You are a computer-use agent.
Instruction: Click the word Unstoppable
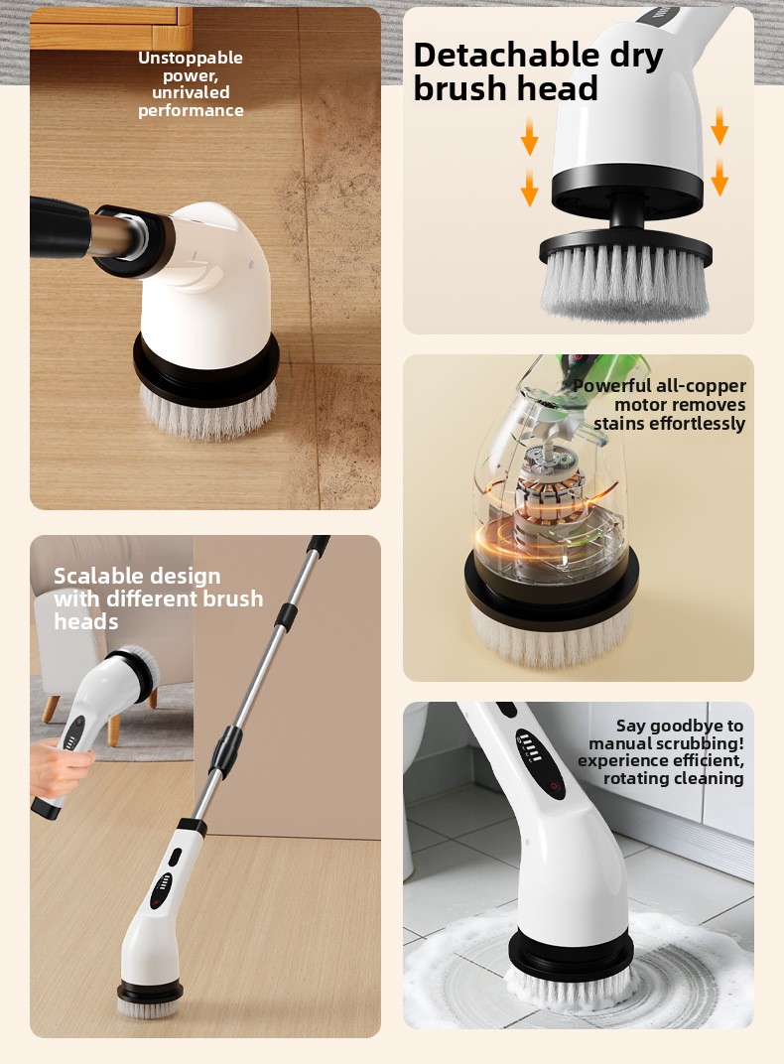click(191, 59)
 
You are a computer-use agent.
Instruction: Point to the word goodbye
click(685, 727)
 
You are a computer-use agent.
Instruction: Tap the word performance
click(191, 110)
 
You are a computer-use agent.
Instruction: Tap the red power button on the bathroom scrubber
click(554, 786)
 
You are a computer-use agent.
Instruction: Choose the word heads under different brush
click(86, 621)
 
